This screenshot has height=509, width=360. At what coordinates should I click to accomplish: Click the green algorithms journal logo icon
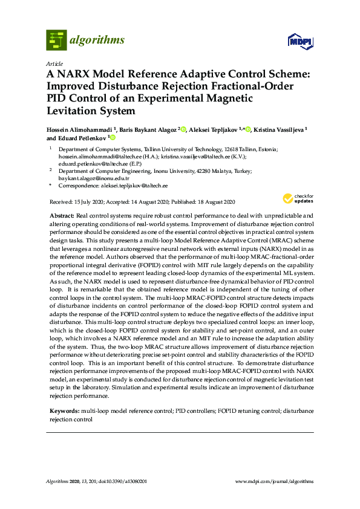56,40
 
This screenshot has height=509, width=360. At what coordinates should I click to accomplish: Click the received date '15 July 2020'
85,201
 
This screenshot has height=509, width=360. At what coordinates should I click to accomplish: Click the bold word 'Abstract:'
61,216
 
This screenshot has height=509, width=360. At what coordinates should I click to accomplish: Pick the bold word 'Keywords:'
64,411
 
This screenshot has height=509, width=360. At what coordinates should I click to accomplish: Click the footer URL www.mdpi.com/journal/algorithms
274,481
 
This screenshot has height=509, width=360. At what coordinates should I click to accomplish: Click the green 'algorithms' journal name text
97,41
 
